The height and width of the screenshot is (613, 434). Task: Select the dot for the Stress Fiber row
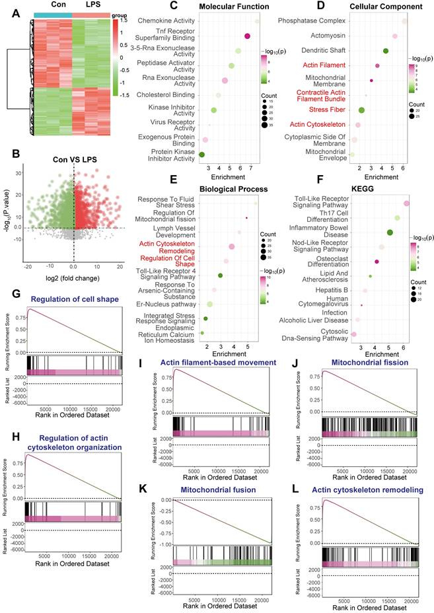click(x=361, y=110)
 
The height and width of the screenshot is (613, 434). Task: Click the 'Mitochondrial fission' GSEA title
click(x=363, y=362)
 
